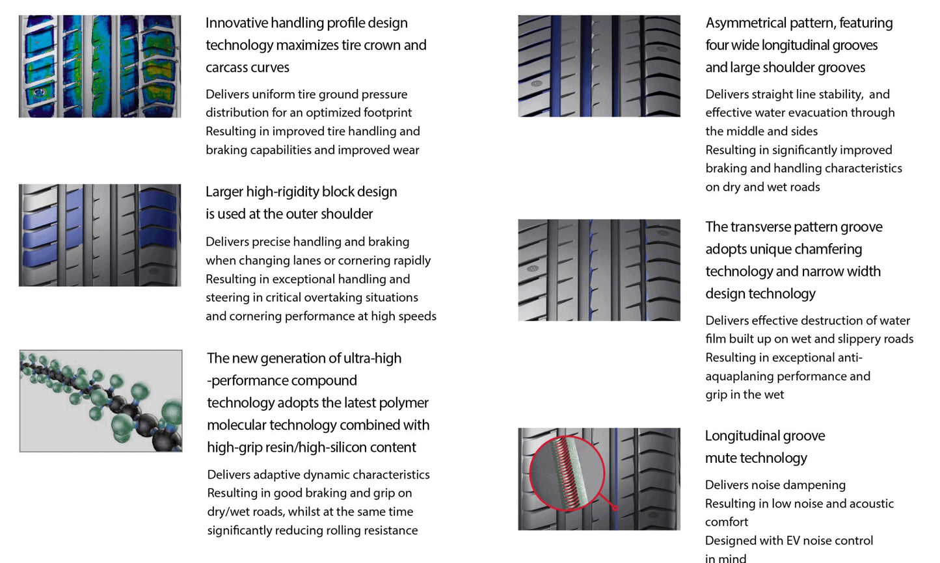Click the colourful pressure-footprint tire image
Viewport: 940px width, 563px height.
[100, 66]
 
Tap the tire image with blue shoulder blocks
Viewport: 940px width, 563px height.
[100, 235]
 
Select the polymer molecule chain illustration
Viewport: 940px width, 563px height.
[101, 401]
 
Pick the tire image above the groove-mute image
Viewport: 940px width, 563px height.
[598, 270]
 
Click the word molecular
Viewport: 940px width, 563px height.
[237, 425]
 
